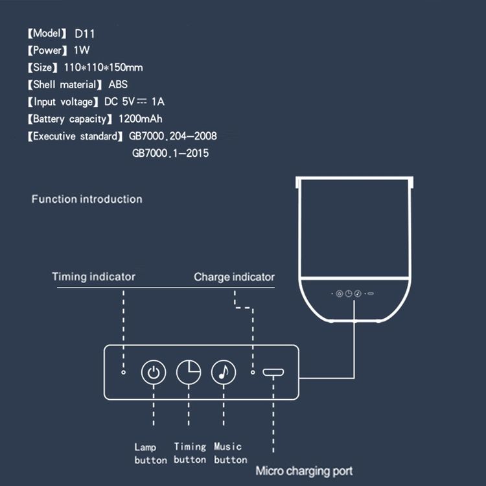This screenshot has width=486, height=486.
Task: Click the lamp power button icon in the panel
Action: pyautogui.click(x=154, y=372)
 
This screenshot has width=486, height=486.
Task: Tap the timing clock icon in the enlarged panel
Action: pyautogui.click(x=189, y=372)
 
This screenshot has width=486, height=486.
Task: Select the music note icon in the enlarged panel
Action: pyautogui.click(x=224, y=372)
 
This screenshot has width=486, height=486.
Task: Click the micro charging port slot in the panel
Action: pyautogui.click(x=273, y=372)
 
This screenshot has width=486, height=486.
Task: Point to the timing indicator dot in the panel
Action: pyautogui.click(x=123, y=372)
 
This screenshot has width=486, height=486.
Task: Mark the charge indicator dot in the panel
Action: pyautogui.click(x=253, y=372)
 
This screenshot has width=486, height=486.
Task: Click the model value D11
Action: pyautogui.click(x=85, y=34)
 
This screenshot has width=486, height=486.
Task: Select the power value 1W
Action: pyautogui.click(x=82, y=50)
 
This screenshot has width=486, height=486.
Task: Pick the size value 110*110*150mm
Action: pyautogui.click(x=104, y=67)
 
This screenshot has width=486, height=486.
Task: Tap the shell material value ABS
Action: pyautogui.click(x=118, y=84)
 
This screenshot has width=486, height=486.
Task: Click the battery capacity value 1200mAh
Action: pyautogui.click(x=141, y=119)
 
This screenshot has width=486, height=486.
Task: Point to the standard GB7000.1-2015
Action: pyautogui.click(x=170, y=153)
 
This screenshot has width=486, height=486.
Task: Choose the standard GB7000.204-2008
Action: pyautogui.click(x=173, y=136)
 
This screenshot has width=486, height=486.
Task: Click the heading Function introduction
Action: pyautogui.click(x=87, y=199)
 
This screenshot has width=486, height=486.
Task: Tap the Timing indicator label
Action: pyautogui.click(x=93, y=277)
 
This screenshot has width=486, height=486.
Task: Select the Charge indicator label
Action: pyautogui.click(x=235, y=277)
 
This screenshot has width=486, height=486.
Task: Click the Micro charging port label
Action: pyautogui.click(x=304, y=471)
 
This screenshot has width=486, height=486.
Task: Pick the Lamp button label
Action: pyautogui.click(x=150, y=454)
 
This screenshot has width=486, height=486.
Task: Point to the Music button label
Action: pyautogui.click(x=230, y=453)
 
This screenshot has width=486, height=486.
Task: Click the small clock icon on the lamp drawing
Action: pyautogui.click(x=349, y=294)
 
